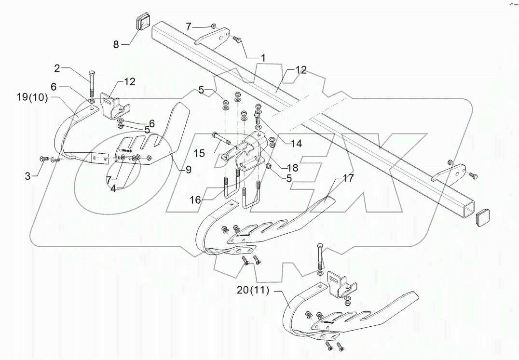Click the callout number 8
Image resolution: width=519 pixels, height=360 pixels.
tap(116, 45)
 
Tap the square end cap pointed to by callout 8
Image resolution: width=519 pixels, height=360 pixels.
tap(143, 23)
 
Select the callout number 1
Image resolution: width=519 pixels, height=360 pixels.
tap(263, 57)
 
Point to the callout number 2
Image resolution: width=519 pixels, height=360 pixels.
tap(57, 68)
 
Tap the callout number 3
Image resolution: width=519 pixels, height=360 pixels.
tap(28, 177)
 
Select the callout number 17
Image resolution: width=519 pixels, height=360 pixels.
tap(348, 178)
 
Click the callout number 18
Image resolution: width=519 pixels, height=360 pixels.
tap(292, 168)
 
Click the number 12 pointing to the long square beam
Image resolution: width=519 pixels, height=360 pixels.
tap(301, 70)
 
